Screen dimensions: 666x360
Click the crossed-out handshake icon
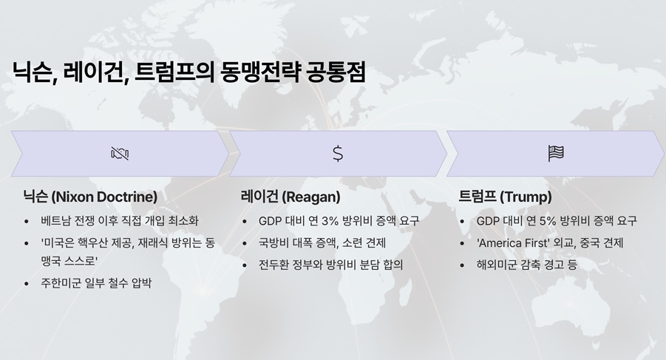coord(120,153)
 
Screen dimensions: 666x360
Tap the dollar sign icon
coord(338,153)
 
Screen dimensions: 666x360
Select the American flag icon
coord(556,153)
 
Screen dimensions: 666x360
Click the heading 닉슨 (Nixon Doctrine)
coord(90,197)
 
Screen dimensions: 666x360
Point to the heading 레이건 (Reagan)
coord(290,197)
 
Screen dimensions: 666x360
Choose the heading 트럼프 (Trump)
coord(505,197)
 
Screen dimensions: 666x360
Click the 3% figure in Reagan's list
coord(330,221)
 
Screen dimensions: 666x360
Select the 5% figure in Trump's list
coord(548,221)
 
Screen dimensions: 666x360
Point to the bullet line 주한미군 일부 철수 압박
coord(96,283)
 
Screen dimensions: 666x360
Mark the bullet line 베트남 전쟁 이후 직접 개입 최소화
coord(120,221)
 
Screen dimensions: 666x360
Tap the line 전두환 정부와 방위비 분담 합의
coord(331,265)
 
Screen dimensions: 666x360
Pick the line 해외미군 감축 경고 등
coord(527,265)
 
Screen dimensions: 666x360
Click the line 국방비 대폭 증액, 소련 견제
coord(322,242)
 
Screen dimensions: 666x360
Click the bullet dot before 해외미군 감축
coord(462,266)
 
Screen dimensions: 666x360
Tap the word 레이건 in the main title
coord(95,72)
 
